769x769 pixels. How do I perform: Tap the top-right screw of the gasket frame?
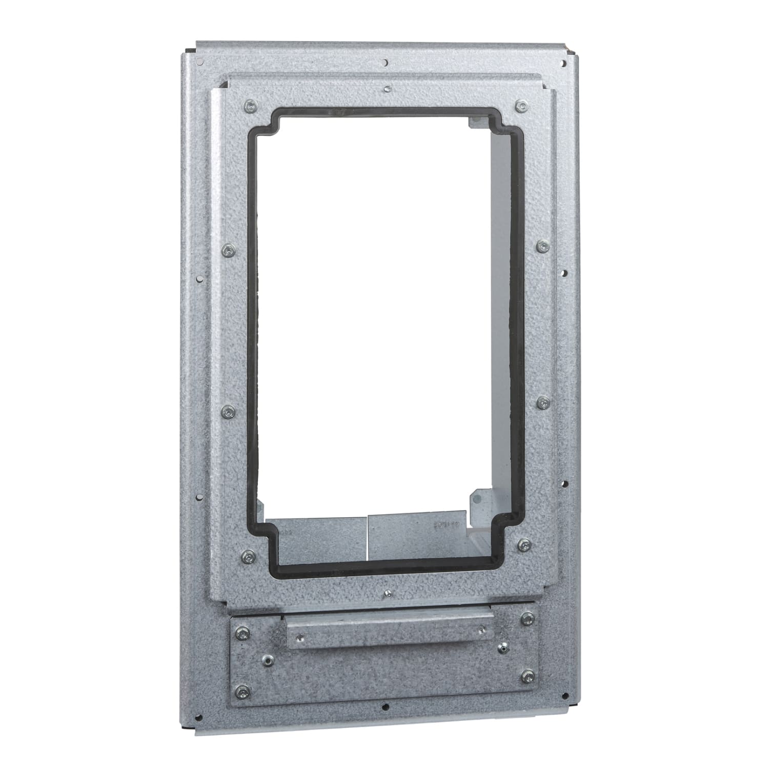point(521,106)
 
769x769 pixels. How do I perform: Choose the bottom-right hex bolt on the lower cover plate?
point(525,677)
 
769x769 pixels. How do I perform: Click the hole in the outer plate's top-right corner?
point(564,63)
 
